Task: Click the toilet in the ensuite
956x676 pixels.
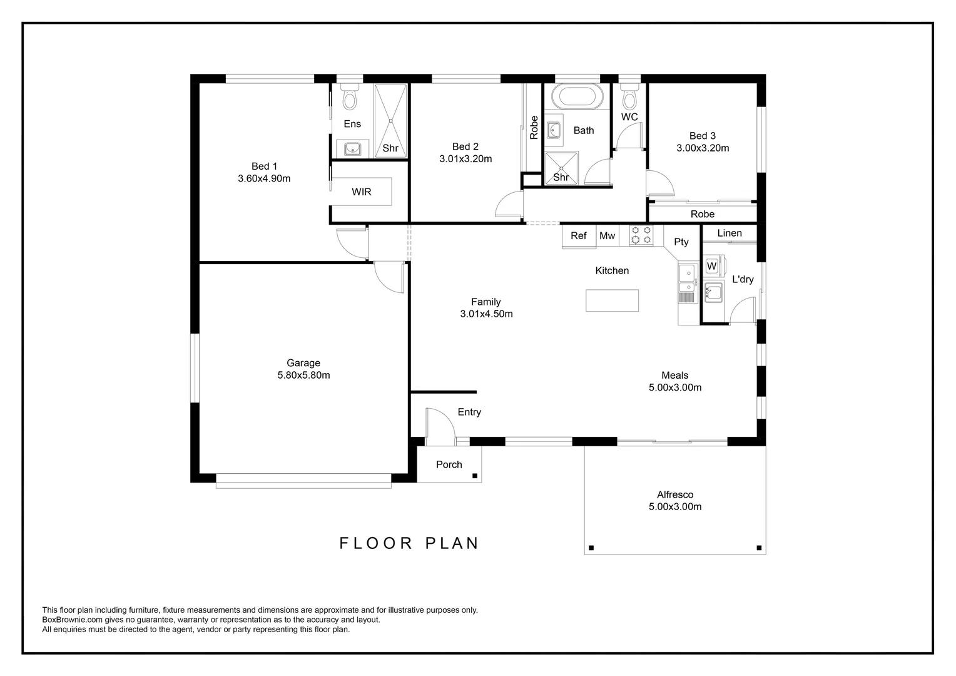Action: click(x=349, y=97)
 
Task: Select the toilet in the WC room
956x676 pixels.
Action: click(x=629, y=97)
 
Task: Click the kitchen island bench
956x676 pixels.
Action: click(x=612, y=300)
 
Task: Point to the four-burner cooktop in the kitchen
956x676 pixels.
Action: click(x=641, y=235)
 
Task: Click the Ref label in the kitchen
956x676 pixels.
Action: click(x=579, y=236)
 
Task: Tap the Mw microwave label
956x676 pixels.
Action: click(x=607, y=236)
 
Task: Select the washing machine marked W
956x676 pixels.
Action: click(x=712, y=266)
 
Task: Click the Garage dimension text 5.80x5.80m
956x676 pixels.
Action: click(x=303, y=376)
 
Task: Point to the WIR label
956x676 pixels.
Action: click(x=361, y=192)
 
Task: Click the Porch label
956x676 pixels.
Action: click(x=449, y=464)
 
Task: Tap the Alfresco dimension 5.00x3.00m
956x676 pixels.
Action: click(x=674, y=507)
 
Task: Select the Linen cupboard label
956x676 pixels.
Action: click(x=729, y=233)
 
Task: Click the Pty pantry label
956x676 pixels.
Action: click(x=681, y=242)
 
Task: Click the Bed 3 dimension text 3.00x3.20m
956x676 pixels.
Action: click(x=702, y=148)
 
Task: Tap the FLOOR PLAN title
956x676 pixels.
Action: click(x=409, y=543)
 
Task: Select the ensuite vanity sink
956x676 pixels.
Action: click(x=352, y=149)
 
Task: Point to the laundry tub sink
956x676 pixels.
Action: click(x=713, y=292)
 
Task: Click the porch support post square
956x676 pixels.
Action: click(x=475, y=476)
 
